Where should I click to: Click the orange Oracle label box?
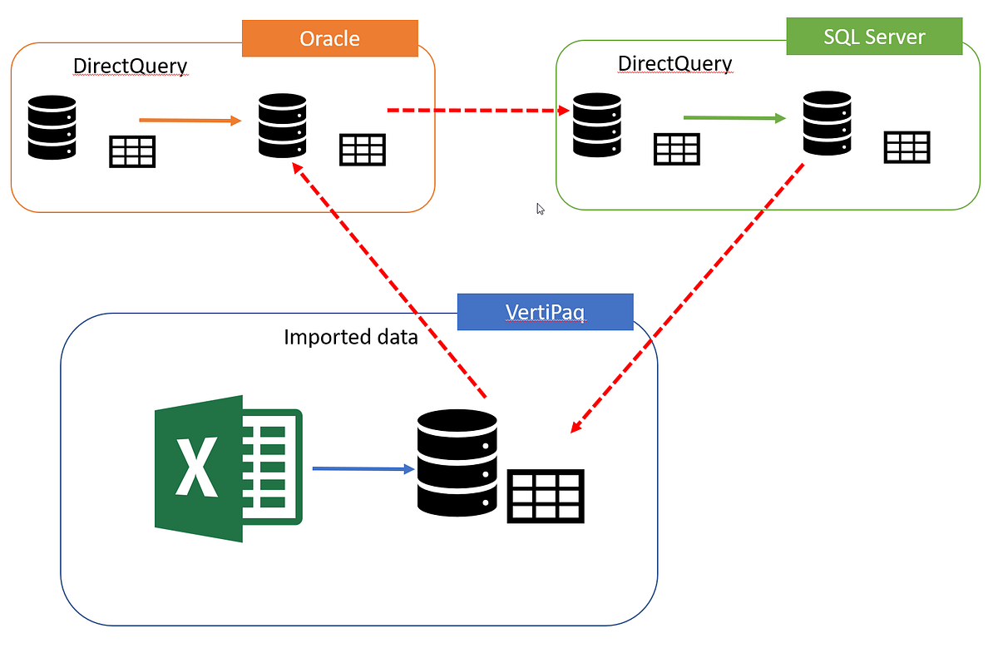click(329, 38)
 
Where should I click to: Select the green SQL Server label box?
click(873, 37)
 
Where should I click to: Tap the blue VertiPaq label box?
click(545, 312)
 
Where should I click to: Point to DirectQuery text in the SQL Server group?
click(674, 63)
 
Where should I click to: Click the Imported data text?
click(350, 337)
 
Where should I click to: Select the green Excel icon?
click(228, 468)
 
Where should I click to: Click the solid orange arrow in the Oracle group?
click(190, 121)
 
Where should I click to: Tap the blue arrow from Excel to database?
click(363, 469)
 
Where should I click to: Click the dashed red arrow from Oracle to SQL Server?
click(478, 110)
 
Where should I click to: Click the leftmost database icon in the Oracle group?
click(52, 127)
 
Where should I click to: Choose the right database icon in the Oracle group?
click(282, 126)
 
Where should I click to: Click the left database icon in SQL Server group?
click(596, 125)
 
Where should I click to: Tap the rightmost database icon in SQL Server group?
click(827, 123)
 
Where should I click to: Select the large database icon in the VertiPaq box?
click(457, 463)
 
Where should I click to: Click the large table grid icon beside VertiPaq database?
click(546, 497)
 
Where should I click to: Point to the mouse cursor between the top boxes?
click(541, 209)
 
